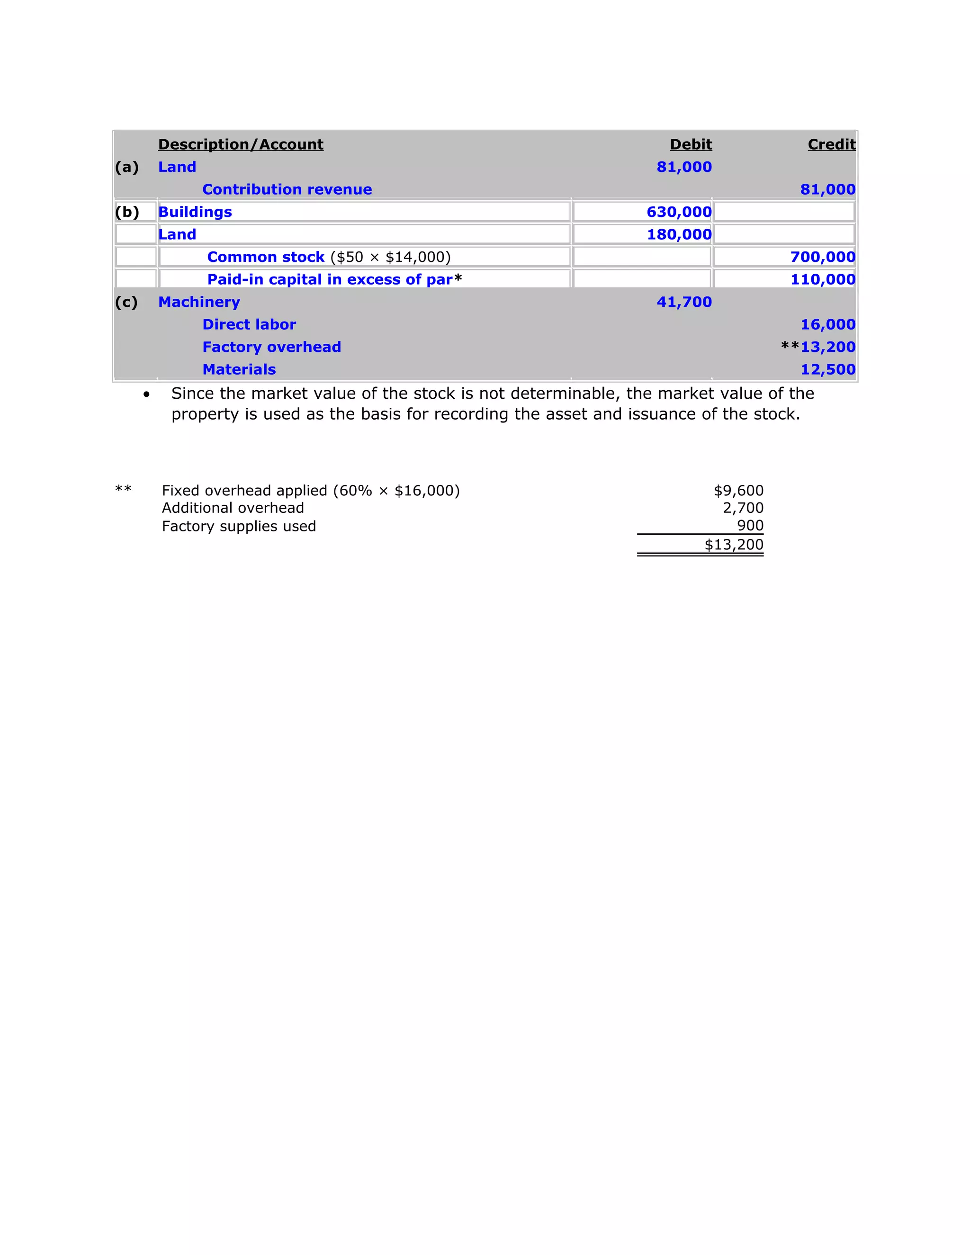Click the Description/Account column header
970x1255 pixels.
click(x=241, y=144)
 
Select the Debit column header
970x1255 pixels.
click(x=691, y=144)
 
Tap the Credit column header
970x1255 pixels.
click(x=832, y=144)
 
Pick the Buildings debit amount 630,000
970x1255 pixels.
click(x=679, y=212)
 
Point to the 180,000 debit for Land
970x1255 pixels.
click(x=679, y=234)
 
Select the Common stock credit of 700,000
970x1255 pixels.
click(x=823, y=257)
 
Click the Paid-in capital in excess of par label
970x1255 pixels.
click(x=330, y=280)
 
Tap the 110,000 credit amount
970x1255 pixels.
click(x=823, y=280)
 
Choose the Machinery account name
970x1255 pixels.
click(x=199, y=302)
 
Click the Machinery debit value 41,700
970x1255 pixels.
click(x=684, y=302)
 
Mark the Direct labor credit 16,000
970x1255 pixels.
click(x=828, y=325)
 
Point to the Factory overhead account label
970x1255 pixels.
click(x=272, y=347)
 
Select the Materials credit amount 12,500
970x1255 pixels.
click(x=828, y=369)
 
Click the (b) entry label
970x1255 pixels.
click(x=127, y=212)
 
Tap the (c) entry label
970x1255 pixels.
click(x=126, y=302)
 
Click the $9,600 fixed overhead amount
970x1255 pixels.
click(x=738, y=491)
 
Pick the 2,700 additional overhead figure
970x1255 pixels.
click(x=743, y=508)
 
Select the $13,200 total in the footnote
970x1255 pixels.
click(x=734, y=545)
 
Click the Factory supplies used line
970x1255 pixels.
click(x=239, y=526)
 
